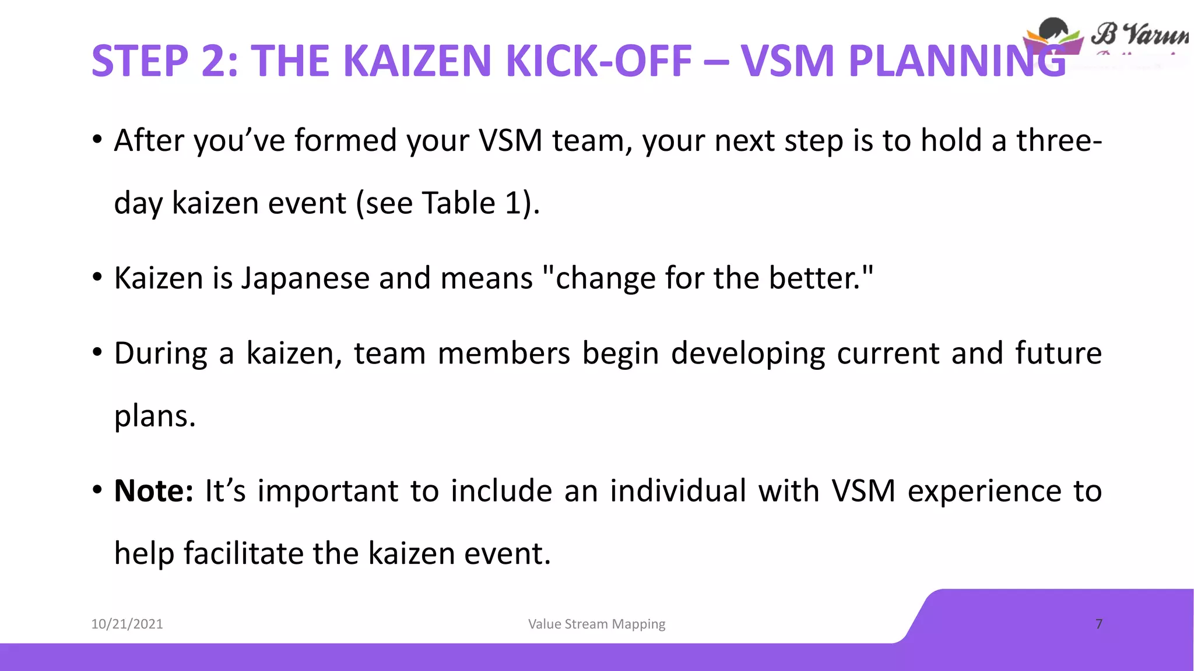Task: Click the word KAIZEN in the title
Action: pyautogui.click(x=417, y=61)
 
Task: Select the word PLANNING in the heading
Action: pyautogui.click(x=956, y=61)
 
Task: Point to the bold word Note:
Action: pyautogui.click(x=153, y=490)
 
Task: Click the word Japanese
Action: pyautogui.click(x=305, y=278)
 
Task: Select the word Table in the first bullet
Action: pyautogui.click(x=458, y=203)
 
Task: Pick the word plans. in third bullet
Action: pyautogui.click(x=154, y=416)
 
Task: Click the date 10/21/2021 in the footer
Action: pyautogui.click(x=127, y=624)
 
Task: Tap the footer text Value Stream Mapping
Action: pyautogui.click(x=596, y=624)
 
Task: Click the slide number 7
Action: pyautogui.click(x=1099, y=624)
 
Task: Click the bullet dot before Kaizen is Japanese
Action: pyautogui.click(x=97, y=278)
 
